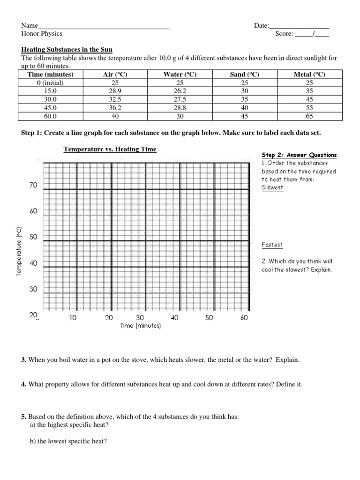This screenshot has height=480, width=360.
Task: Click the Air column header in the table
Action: (115, 74)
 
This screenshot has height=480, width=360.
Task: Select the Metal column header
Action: (309, 74)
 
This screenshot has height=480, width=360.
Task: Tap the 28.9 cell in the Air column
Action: (115, 91)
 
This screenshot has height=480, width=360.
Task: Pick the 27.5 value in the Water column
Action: (180, 99)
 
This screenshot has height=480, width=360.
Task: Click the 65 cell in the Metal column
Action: (309, 116)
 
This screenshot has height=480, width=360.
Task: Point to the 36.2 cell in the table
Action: (115, 108)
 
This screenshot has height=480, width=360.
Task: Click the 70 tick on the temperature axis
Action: (33, 186)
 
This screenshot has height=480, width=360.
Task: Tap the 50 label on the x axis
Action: (209, 318)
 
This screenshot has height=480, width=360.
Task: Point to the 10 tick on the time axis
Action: (73, 318)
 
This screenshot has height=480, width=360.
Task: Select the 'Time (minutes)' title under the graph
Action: (140, 326)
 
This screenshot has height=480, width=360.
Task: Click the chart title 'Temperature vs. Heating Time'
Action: (110, 149)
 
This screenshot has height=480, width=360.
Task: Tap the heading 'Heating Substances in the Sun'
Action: (67, 50)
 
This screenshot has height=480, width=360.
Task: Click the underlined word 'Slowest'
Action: (273, 187)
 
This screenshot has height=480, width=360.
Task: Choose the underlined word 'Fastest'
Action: (272, 245)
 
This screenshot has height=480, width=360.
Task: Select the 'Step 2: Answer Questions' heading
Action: (299, 155)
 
